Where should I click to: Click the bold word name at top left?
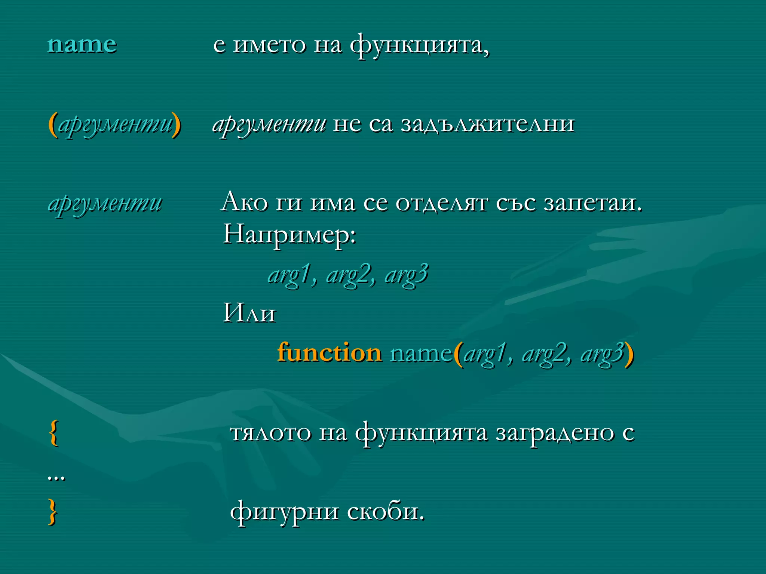coord(82,45)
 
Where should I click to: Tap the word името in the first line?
coord(269,45)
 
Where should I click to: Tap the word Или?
coord(249,313)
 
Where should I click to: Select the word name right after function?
coord(421,353)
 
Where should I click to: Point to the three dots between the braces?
coord(56,478)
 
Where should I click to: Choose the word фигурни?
coord(284,512)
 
